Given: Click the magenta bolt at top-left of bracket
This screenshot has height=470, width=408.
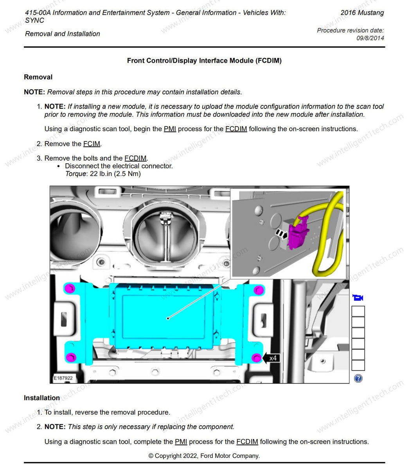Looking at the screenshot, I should pyautogui.click(x=70, y=289).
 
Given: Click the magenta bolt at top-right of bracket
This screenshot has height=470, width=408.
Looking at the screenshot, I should pyautogui.click(x=258, y=290).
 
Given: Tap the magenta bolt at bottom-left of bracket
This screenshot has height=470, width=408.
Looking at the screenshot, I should pyautogui.click(x=71, y=357).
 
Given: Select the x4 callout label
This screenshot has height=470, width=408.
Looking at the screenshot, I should pyautogui.click(x=273, y=358).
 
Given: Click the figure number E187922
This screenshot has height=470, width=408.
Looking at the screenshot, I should pyautogui.click(x=63, y=378).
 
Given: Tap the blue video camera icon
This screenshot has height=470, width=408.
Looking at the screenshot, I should pyautogui.click(x=358, y=298).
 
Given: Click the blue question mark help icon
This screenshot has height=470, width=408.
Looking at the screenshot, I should pyautogui.click(x=358, y=378).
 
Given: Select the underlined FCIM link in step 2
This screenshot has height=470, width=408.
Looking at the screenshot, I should pyautogui.click(x=92, y=144).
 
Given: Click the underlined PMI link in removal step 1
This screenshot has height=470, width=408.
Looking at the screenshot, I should pyautogui.click(x=170, y=129).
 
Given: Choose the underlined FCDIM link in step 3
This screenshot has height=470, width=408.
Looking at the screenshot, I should pyautogui.click(x=135, y=158).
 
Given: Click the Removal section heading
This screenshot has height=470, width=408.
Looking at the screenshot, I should pyautogui.click(x=38, y=77).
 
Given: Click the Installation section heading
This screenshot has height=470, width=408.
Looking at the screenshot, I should pyautogui.click(x=42, y=398).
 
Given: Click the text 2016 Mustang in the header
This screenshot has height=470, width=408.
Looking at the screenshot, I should pyautogui.click(x=362, y=13).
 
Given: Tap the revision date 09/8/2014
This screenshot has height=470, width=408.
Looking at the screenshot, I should pyautogui.click(x=370, y=38).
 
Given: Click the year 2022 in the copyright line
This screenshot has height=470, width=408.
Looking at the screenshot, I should pyautogui.click(x=191, y=456).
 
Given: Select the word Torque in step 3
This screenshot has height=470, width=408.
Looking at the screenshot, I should pyautogui.click(x=75, y=174).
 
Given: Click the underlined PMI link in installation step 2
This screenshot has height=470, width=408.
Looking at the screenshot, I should pyautogui.click(x=181, y=442).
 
